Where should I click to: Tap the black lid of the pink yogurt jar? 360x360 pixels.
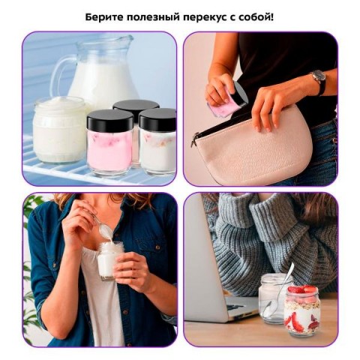(110, 121)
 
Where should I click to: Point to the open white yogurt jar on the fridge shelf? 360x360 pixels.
(59, 130)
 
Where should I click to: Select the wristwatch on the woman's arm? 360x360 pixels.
(319, 79)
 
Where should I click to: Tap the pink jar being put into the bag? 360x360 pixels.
(227, 98)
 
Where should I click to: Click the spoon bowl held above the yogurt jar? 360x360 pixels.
(104, 229)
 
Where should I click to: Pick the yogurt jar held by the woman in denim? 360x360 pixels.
(110, 260)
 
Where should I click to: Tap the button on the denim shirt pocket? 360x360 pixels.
(157, 247)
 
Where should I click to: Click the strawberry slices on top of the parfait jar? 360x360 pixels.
(302, 290)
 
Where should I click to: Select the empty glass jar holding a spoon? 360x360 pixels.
(273, 298)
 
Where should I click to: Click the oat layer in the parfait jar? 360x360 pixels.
(302, 305)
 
